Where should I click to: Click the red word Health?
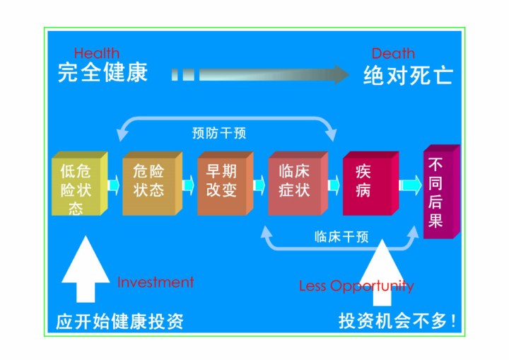click(x=97, y=53)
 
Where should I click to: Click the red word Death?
click(x=393, y=53)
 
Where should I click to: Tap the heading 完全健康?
click(x=103, y=72)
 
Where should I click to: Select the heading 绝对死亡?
click(x=408, y=75)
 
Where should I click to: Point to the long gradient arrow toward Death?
click(x=259, y=74)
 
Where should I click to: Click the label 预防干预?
click(x=219, y=133)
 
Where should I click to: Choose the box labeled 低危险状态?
click(x=79, y=184)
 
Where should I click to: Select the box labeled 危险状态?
click(x=152, y=183)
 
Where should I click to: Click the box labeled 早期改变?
click(x=226, y=183)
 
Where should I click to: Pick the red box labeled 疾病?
click(x=370, y=183)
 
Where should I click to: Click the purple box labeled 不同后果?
click(x=442, y=192)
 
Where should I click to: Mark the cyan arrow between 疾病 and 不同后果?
click(x=410, y=185)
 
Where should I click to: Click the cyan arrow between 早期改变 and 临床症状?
click(x=259, y=185)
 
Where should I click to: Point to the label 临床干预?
click(x=341, y=237)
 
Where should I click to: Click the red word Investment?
click(x=156, y=282)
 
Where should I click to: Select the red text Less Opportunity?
click(x=356, y=286)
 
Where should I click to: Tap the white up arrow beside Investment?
click(x=86, y=269)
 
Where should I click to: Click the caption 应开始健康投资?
click(x=119, y=321)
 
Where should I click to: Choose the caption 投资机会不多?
click(x=397, y=320)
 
